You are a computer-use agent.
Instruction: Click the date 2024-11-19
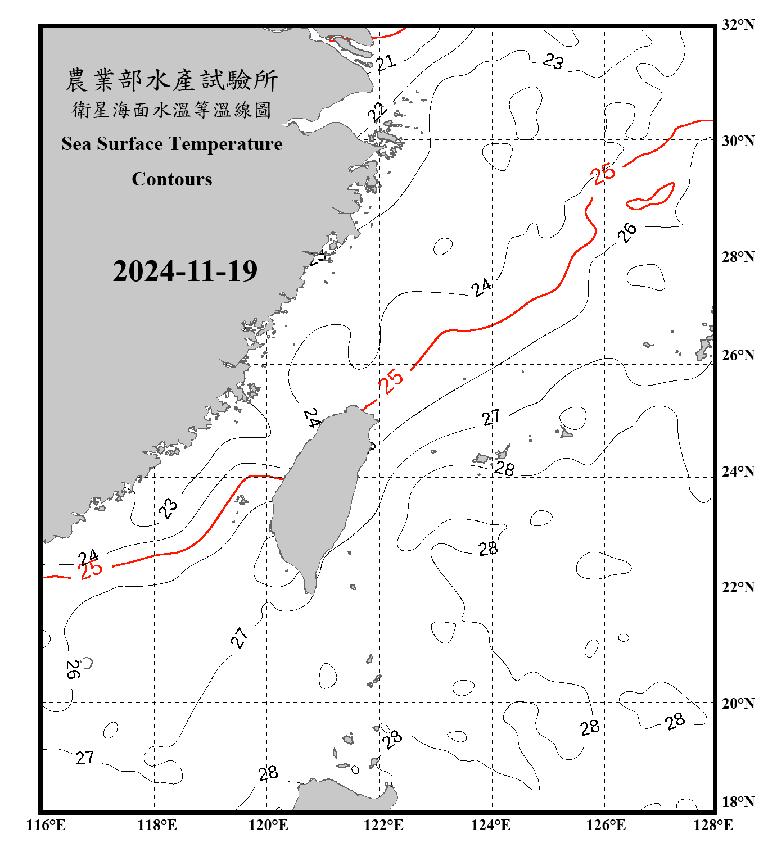click(x=185, y=271)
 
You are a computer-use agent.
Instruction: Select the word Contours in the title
click(x=172, y=179)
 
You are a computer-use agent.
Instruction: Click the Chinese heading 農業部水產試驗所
click(x=172, y=80)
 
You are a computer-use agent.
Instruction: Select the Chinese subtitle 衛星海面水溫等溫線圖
click(x=172, y=110)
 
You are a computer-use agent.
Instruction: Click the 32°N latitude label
click(x=738, y=25)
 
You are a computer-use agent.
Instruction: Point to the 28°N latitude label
click(x=738, y=257)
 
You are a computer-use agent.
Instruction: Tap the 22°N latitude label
click(x=738, y=587)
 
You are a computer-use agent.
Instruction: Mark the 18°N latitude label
click(x=738, y=801)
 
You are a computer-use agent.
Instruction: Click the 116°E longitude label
click(x=46, y=825)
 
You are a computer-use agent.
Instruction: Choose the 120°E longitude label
click(x=268, y=825)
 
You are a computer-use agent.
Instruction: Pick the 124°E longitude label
click(x=491, y=825)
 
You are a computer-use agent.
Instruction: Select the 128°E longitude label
click(x=713, y=825)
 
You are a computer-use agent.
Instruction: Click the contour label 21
click(x=386, y=62)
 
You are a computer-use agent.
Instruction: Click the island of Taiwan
click(x=318, y=495)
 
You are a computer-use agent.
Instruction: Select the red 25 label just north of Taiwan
click(x=391, y=381)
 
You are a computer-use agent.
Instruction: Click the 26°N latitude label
click(x=738, y=355)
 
